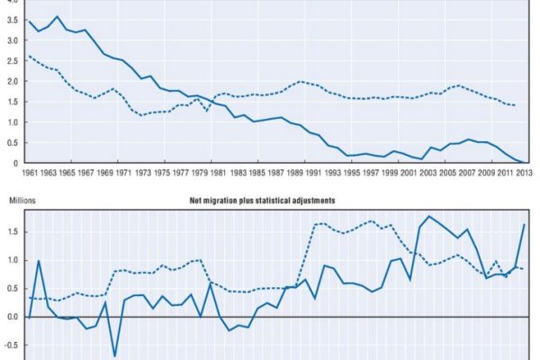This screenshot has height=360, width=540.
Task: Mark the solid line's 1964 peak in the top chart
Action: (58, 16)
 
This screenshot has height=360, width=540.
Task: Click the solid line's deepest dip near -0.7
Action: (115, 356)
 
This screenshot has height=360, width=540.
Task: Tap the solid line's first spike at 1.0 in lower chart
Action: (39, 261)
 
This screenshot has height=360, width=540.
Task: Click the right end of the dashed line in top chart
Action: (514, 105)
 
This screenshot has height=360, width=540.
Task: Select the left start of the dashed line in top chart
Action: (30, 56)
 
